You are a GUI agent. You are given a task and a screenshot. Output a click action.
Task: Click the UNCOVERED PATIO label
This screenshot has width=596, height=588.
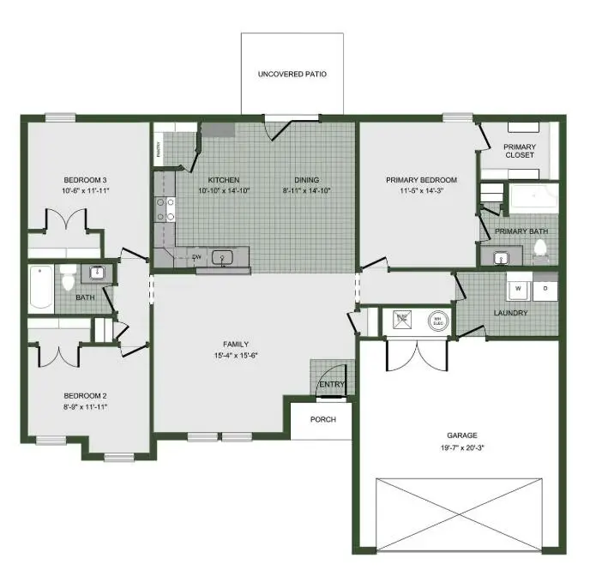(x=292, y=75)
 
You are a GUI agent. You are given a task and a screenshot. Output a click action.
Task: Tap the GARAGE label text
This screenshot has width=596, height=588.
(x=461, y=435)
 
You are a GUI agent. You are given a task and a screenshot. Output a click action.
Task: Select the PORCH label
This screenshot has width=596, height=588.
(x=323, y=419)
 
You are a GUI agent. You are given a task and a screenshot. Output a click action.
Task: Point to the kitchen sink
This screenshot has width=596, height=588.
(x=223, y=256)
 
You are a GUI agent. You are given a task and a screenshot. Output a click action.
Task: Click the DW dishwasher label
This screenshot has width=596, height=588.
(x=196, y=256)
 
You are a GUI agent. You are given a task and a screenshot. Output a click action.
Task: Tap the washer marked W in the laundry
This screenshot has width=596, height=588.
(x=517, y=289)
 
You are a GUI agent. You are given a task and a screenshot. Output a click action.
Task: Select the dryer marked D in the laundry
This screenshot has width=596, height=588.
(x=545, y=289)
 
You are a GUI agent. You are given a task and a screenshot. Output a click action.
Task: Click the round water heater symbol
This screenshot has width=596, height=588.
(x=436, y=320)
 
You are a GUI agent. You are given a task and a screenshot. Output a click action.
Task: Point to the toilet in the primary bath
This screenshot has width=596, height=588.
(x=540, y=249)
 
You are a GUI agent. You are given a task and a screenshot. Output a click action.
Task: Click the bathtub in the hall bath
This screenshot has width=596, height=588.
(x=41, y=289)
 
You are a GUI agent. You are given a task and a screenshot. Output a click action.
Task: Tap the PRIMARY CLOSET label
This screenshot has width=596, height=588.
(x=519, y=151)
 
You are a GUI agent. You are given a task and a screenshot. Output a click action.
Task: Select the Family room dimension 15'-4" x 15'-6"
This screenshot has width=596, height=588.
(x=235, y=355)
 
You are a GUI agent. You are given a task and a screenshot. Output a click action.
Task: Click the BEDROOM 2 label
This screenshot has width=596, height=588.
(x=85, y=396)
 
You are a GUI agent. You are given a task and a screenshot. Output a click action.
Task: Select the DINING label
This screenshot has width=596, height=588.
(x=306, y=179)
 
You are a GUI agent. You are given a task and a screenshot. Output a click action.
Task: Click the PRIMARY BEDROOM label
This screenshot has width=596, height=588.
(x=421, y=180)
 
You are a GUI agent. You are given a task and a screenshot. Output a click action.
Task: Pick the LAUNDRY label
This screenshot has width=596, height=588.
(x=511, y=313)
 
